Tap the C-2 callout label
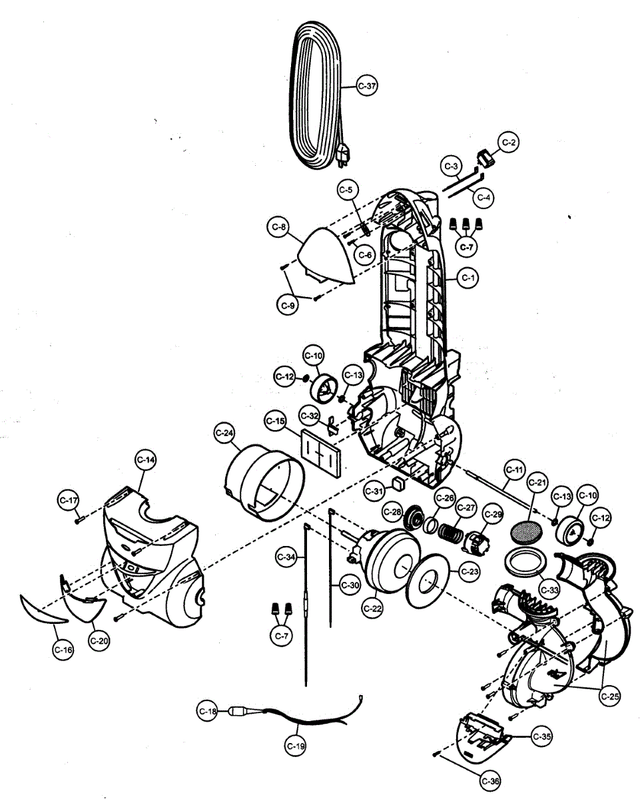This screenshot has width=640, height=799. [x=509, y=142]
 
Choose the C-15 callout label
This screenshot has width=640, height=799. [x=275, y=421]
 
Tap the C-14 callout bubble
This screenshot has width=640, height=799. [x=146, y=459]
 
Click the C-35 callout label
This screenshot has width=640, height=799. [x=542, y=736]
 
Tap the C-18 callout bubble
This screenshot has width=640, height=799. [x=208, y=711]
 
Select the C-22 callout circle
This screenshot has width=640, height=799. [x=373, y=607]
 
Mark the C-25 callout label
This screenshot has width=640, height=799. [x=609, y=696]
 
